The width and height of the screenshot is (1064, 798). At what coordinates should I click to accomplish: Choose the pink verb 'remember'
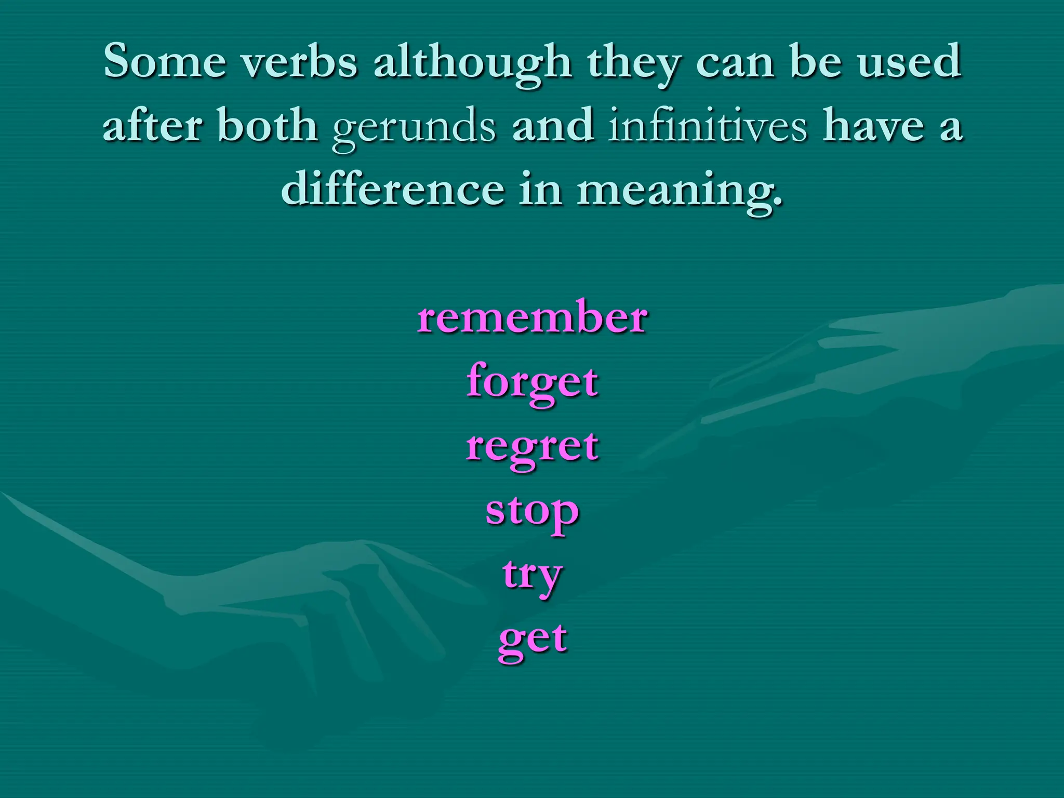coord(532,316)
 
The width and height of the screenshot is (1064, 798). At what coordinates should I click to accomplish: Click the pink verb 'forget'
coord(532,382)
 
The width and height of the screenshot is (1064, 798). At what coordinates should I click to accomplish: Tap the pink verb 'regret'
coord(532,447)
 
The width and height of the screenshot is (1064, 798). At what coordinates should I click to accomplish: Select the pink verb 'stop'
coord(532,512)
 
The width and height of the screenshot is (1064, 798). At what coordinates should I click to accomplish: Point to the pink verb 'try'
coord(532,576)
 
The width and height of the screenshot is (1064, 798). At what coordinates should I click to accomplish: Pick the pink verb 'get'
coord(532,639)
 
